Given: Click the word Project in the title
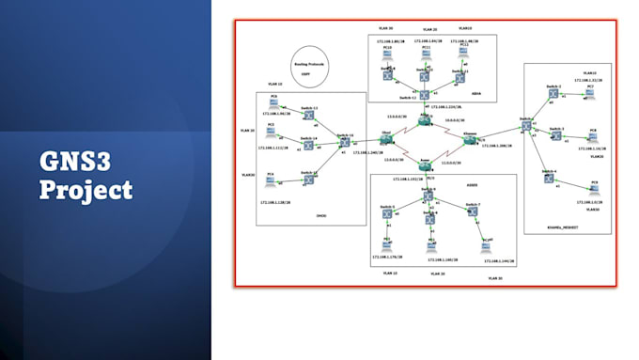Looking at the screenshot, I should click(86, 190).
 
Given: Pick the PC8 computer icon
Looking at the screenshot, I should click(592, 134).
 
